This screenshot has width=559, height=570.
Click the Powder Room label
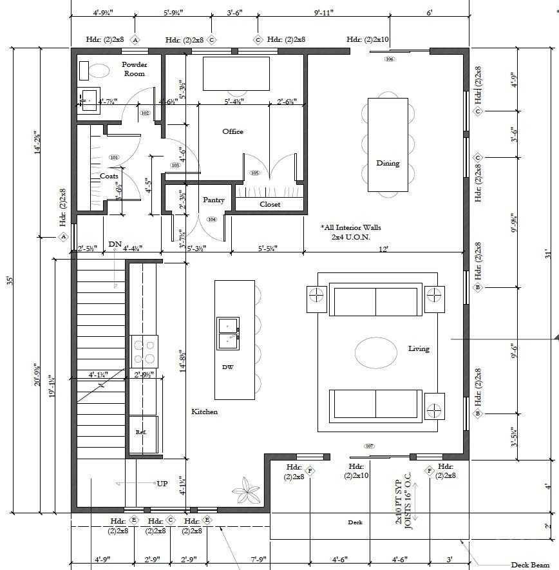point(135,69)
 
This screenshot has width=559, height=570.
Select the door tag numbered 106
point(389,59)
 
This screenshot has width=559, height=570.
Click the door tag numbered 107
point(369,446)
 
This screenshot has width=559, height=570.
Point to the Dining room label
point(388,163)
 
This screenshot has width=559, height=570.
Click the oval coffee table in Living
point(375,353)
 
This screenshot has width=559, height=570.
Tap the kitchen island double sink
point(228,332)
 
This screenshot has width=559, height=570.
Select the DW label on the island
point(227,367)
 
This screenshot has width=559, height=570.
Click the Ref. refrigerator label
point(141,432)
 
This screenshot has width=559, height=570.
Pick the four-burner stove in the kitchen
point(144,352)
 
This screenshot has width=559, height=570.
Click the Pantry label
point(214,200)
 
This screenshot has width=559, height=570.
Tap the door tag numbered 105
point(254,173)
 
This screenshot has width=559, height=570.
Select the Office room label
point(232,131)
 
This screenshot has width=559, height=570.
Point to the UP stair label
point(163,483)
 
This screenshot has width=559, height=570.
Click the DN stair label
point(115,244)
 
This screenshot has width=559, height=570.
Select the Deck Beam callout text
point(531,565)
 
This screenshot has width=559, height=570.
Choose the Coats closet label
point(109,176)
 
